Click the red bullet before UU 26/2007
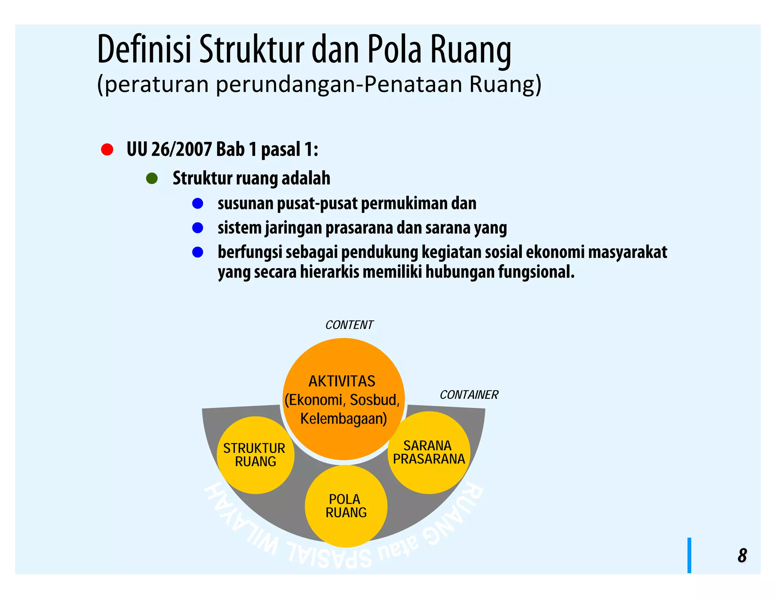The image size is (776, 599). (x=107, y=150)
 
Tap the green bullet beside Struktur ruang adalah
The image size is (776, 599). (x=152, y=178)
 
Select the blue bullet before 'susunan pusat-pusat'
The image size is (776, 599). (x=198, y=204)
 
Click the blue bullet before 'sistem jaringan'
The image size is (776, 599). (x=198, y=228)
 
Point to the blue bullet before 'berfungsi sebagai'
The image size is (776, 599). (x=198, y=252)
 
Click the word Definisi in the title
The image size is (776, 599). (x=144, y=50)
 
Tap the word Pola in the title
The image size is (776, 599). (x=394, y=50)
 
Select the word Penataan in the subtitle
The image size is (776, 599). (x=413, y=84)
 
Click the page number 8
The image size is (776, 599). (x=742, y=555)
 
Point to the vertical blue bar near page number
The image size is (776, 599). (x=689, y=555)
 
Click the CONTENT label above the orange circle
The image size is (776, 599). (x=349, y=325)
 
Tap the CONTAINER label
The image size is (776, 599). (x=469, y=395)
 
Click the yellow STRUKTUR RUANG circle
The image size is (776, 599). (x=255, y=455)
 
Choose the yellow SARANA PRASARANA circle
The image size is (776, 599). (x=429, y=452)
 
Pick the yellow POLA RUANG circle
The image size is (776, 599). (x=346, y=506)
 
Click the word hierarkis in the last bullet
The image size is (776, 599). (x=329, y=272)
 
